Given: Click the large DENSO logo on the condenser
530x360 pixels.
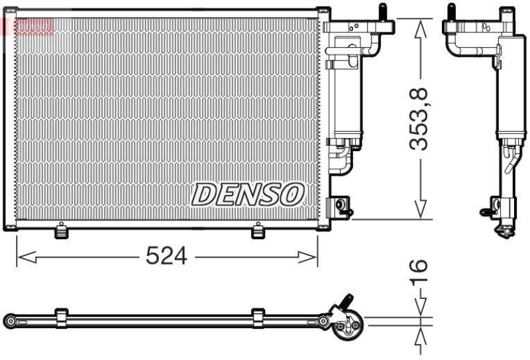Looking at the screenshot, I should pyautogui.click(x=248, y=194).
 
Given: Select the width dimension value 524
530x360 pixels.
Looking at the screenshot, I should pyautogui.click(x=167, y=256).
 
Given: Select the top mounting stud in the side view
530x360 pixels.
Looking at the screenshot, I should pyautogui.click(x=451, y=13).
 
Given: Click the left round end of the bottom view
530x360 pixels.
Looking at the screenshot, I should pyautogui.click(x=9, y=321).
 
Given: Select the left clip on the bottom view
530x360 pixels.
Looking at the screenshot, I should pyautogui.click(x=62, y=318).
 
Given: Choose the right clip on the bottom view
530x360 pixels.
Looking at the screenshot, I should pyautogui.click(x=257, y=318).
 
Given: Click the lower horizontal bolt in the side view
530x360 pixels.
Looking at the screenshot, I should pyautogui.click(x=488, y=212).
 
